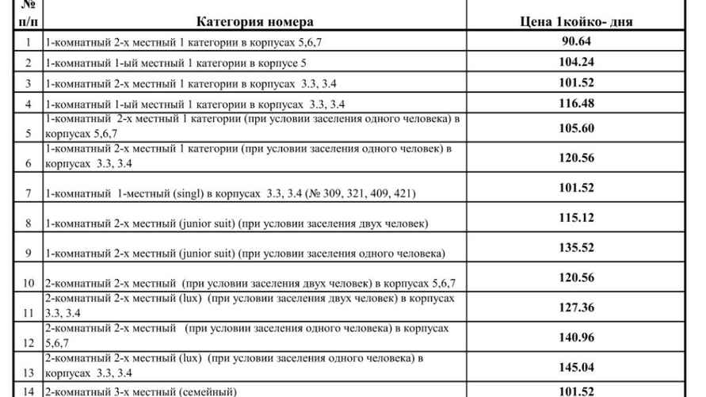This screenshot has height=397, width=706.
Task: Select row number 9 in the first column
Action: click(x=29, y=254)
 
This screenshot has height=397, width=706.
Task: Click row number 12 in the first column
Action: click(x=29, y=342)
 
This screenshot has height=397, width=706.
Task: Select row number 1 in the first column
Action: click(x=29, y=42)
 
